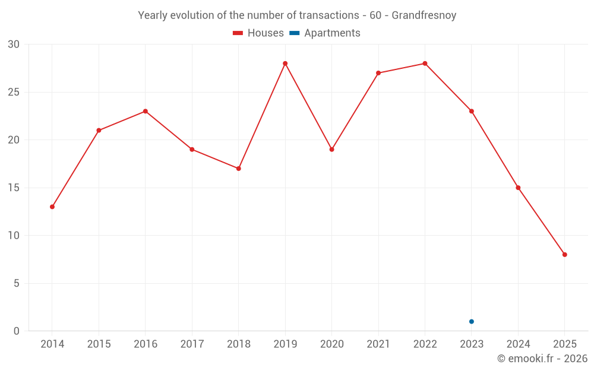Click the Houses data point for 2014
(52, 207)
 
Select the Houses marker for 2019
(285, 64)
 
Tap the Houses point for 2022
(425, 64)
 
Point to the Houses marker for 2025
(565, 255)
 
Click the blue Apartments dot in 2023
(472, 322)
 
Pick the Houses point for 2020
(331, 150)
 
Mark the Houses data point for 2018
(239, 169)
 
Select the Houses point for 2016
(146, 111)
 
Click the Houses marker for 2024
(518, 188)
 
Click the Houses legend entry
(258, 33)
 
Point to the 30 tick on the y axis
(14, 45)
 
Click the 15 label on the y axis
(14, 188)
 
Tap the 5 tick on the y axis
(17, 283)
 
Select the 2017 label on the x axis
(192, 344)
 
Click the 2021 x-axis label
(378, 344)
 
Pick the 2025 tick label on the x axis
(565, 344)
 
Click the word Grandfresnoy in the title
(424, 15)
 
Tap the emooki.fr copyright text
(542, 359)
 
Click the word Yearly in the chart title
(152, 15)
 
